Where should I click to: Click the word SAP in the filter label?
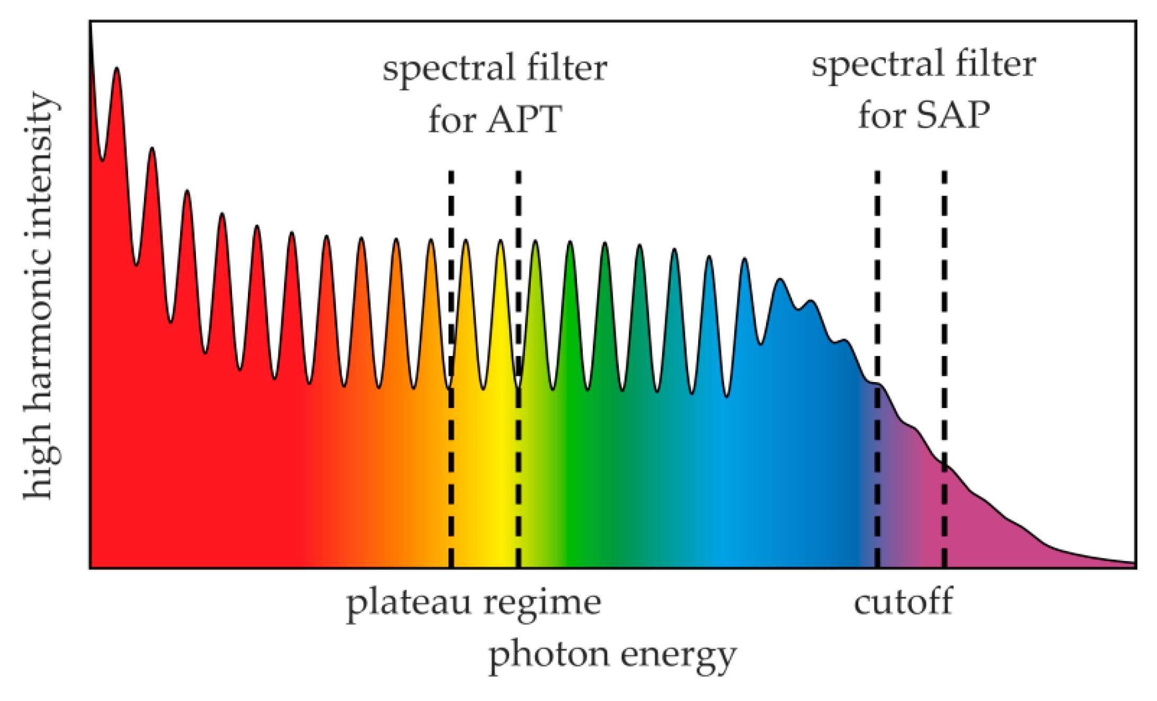tap(953, 115)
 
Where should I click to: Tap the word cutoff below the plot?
tap(903, 602)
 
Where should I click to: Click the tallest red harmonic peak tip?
tap(117, 69)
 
